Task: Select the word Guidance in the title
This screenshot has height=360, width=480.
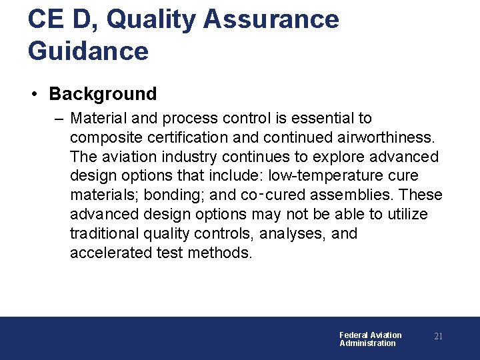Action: pos(88,51)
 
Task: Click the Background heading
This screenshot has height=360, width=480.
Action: pos(103,94)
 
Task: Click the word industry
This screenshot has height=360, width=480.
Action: pos(188,157)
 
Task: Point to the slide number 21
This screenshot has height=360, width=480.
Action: pos(438,337)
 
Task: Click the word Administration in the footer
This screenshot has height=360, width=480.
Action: pos(367,343)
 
